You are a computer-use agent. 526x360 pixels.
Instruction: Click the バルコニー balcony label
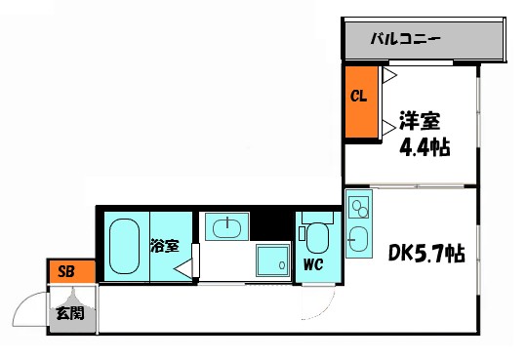tap(406, 40)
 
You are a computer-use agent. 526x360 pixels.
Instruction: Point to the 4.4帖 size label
tap(423, 150)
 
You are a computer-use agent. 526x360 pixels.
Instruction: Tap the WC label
tap(312, 263)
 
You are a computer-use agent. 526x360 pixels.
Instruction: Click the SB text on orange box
tap(66, 270)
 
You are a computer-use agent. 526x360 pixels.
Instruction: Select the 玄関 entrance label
tap(69, 313)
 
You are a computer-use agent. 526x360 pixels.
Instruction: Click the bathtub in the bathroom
tap(124, 248)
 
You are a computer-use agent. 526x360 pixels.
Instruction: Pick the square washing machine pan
tap(272, 261)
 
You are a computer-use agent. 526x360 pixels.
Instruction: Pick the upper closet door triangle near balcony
tap(387, 73)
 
